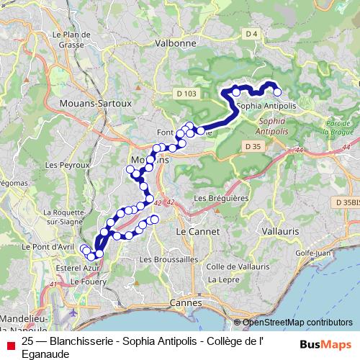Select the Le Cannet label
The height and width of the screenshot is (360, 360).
click(x=192, y=232)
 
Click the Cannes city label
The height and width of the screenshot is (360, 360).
click(x=184, y=302)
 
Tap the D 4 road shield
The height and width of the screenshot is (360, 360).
click(x=251, y=34)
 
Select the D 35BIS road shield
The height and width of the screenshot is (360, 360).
click(x=346, y=203)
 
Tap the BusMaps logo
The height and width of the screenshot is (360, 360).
click(x=325, y=345)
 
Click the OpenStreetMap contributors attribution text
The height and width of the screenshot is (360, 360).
click(x=297, y=322)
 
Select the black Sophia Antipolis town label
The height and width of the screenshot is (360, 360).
click(x=267, y=106)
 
